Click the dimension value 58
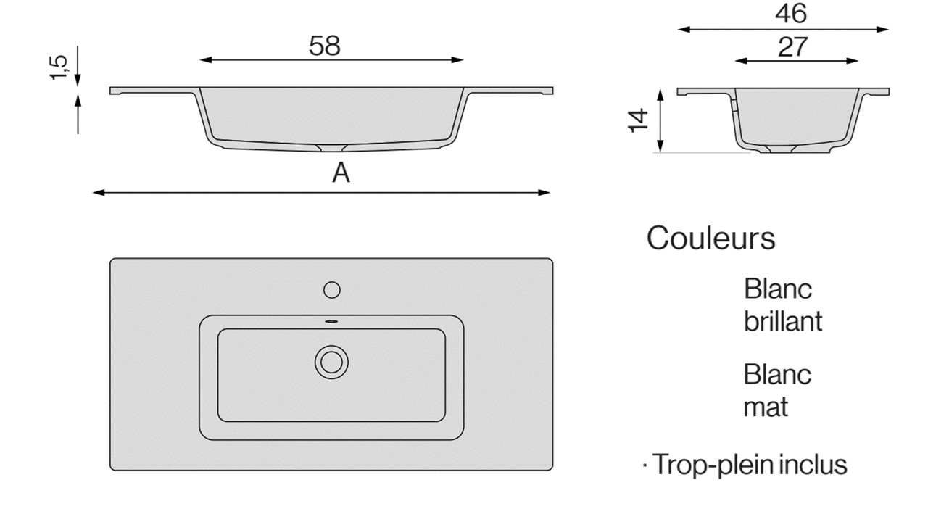coord(324,46)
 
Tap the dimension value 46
coord(791,14)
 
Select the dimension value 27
coord(792,47)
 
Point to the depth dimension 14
coord(638,120)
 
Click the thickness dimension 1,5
coord(59,67)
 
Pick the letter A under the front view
coord(341,173)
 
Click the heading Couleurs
coord(710,239)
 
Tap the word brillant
coord(782,321)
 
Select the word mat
coord(765,407)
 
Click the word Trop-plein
coord(713,465)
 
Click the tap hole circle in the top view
coord(332,290)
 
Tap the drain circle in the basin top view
coord(331,362)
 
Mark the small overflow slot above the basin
coord(331,321)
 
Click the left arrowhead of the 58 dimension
coord(206,60)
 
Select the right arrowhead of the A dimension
coord(544,193)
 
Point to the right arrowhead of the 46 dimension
coord(882,30)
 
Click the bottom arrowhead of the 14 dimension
coord(660,146)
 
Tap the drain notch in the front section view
coord(331,149)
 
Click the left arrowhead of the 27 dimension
coord(741,62)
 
